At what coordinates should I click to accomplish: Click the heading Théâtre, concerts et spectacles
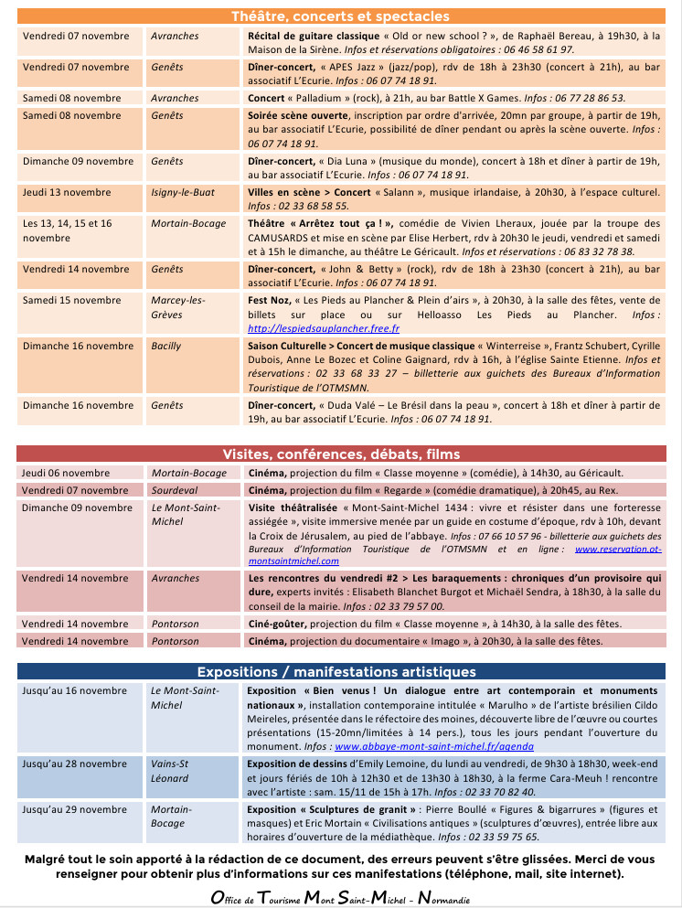(340, 16)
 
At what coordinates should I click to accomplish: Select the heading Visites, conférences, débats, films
(340, 454)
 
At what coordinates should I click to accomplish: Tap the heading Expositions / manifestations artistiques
(340, 672)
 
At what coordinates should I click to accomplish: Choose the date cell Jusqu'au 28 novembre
(75, 764)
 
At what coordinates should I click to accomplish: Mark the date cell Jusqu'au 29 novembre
(75, 809)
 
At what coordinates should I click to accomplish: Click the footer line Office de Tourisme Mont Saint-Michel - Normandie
(340, 899)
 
